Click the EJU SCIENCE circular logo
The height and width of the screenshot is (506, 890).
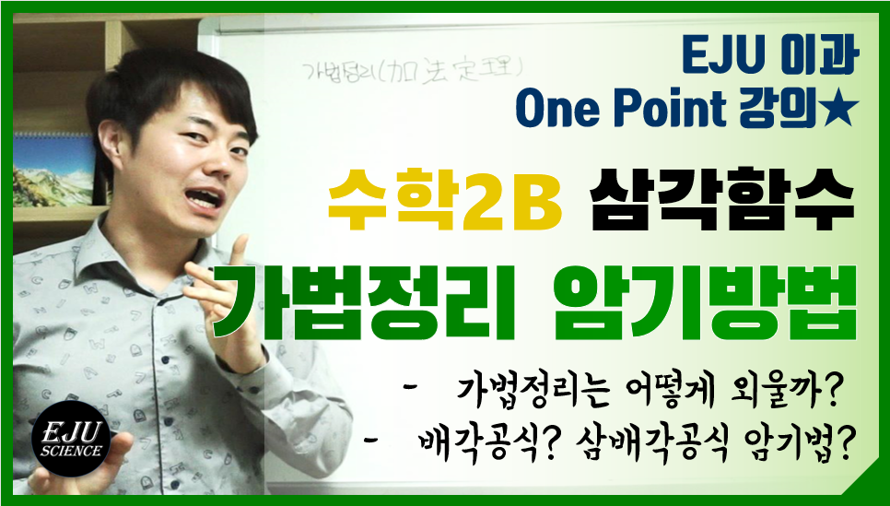point(71,439)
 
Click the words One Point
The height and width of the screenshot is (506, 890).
point(620,109)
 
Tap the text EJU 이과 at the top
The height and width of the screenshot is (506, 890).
point(770,58)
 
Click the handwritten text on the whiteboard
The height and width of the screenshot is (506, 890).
point(411,73)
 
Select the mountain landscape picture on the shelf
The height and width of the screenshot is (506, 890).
point(53,171)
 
